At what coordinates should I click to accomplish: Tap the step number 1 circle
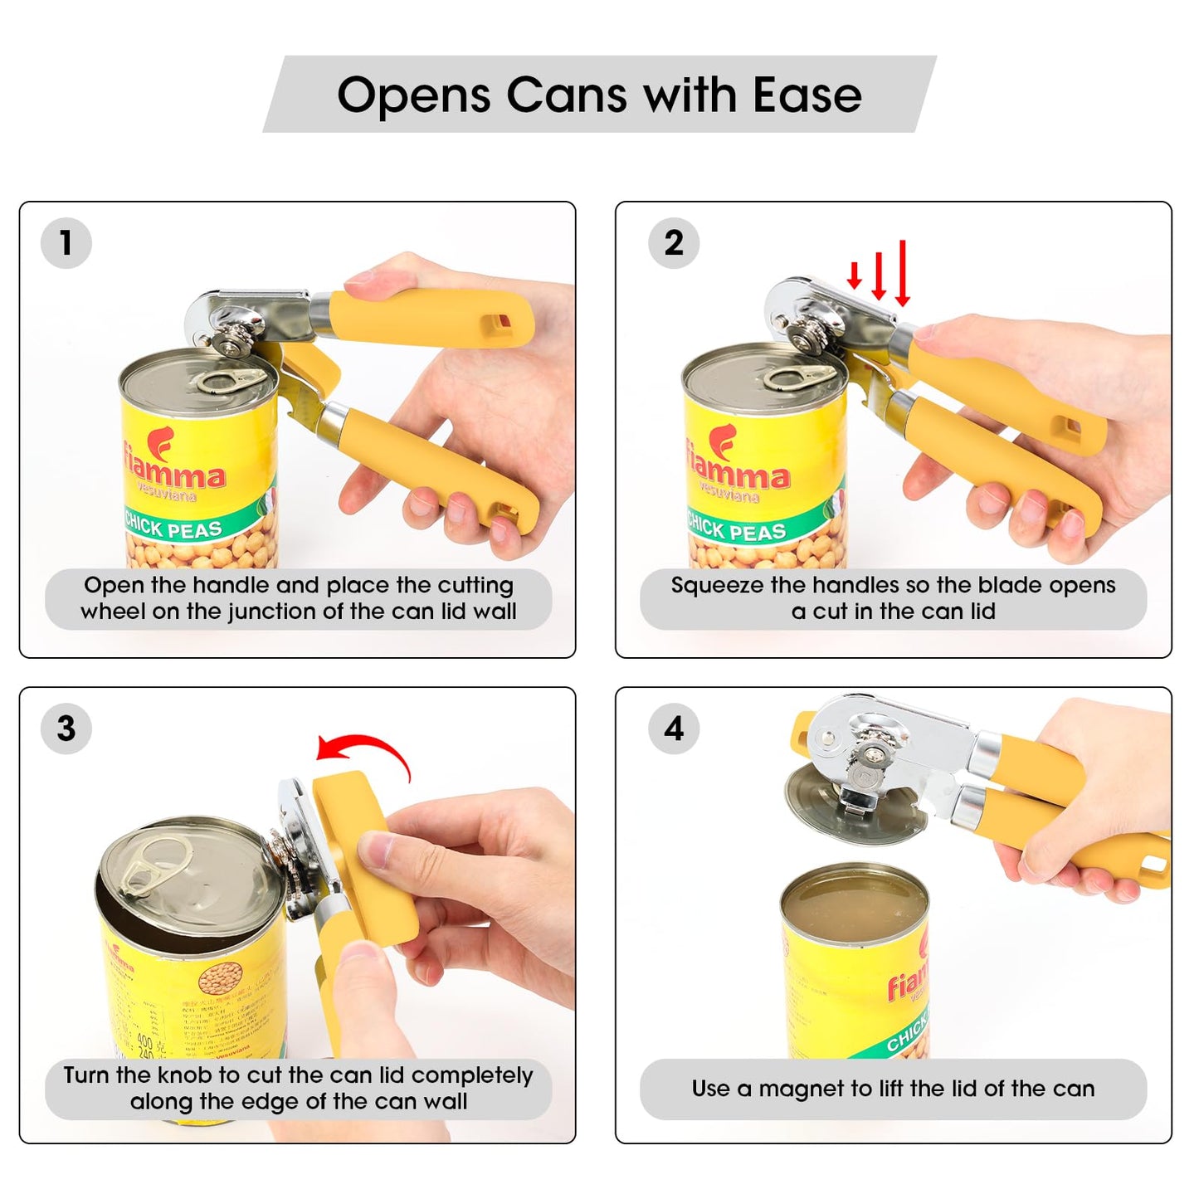66,243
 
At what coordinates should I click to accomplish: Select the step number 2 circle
673,243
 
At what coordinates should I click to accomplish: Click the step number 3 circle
66,729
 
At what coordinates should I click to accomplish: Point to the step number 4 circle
673,729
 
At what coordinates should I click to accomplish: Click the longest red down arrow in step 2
903,273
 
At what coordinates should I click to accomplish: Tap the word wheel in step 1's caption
112,612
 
